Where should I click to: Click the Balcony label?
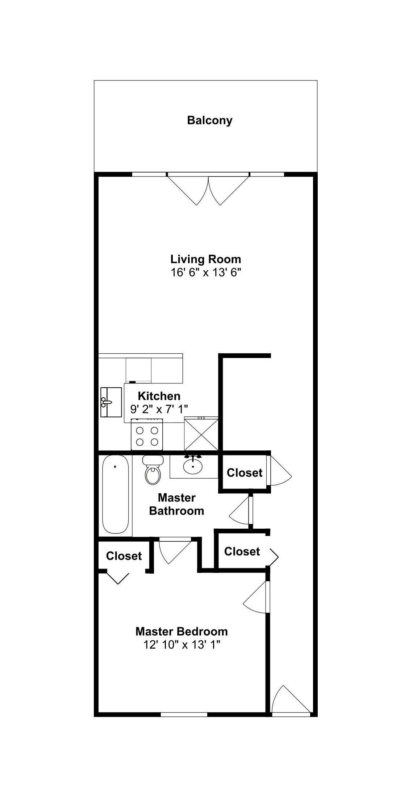point(209,120)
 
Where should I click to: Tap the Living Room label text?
point(205,259)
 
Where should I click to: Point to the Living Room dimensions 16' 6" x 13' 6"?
point(205,272)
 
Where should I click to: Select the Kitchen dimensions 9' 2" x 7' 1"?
point(159,409)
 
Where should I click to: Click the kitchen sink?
point(111,402)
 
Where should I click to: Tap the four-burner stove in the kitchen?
point(147,434)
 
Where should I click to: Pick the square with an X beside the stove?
point(201,434)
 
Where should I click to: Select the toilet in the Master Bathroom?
point(153,470)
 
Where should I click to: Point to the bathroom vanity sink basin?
point(193,466)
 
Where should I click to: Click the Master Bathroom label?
point(176,504)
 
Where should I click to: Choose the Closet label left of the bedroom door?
point(124,556)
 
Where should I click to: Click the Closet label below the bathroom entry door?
point(242,552)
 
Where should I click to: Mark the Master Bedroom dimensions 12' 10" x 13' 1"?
point(182,645)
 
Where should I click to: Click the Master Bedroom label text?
point(182,632)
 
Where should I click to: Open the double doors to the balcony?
point(208,189)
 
